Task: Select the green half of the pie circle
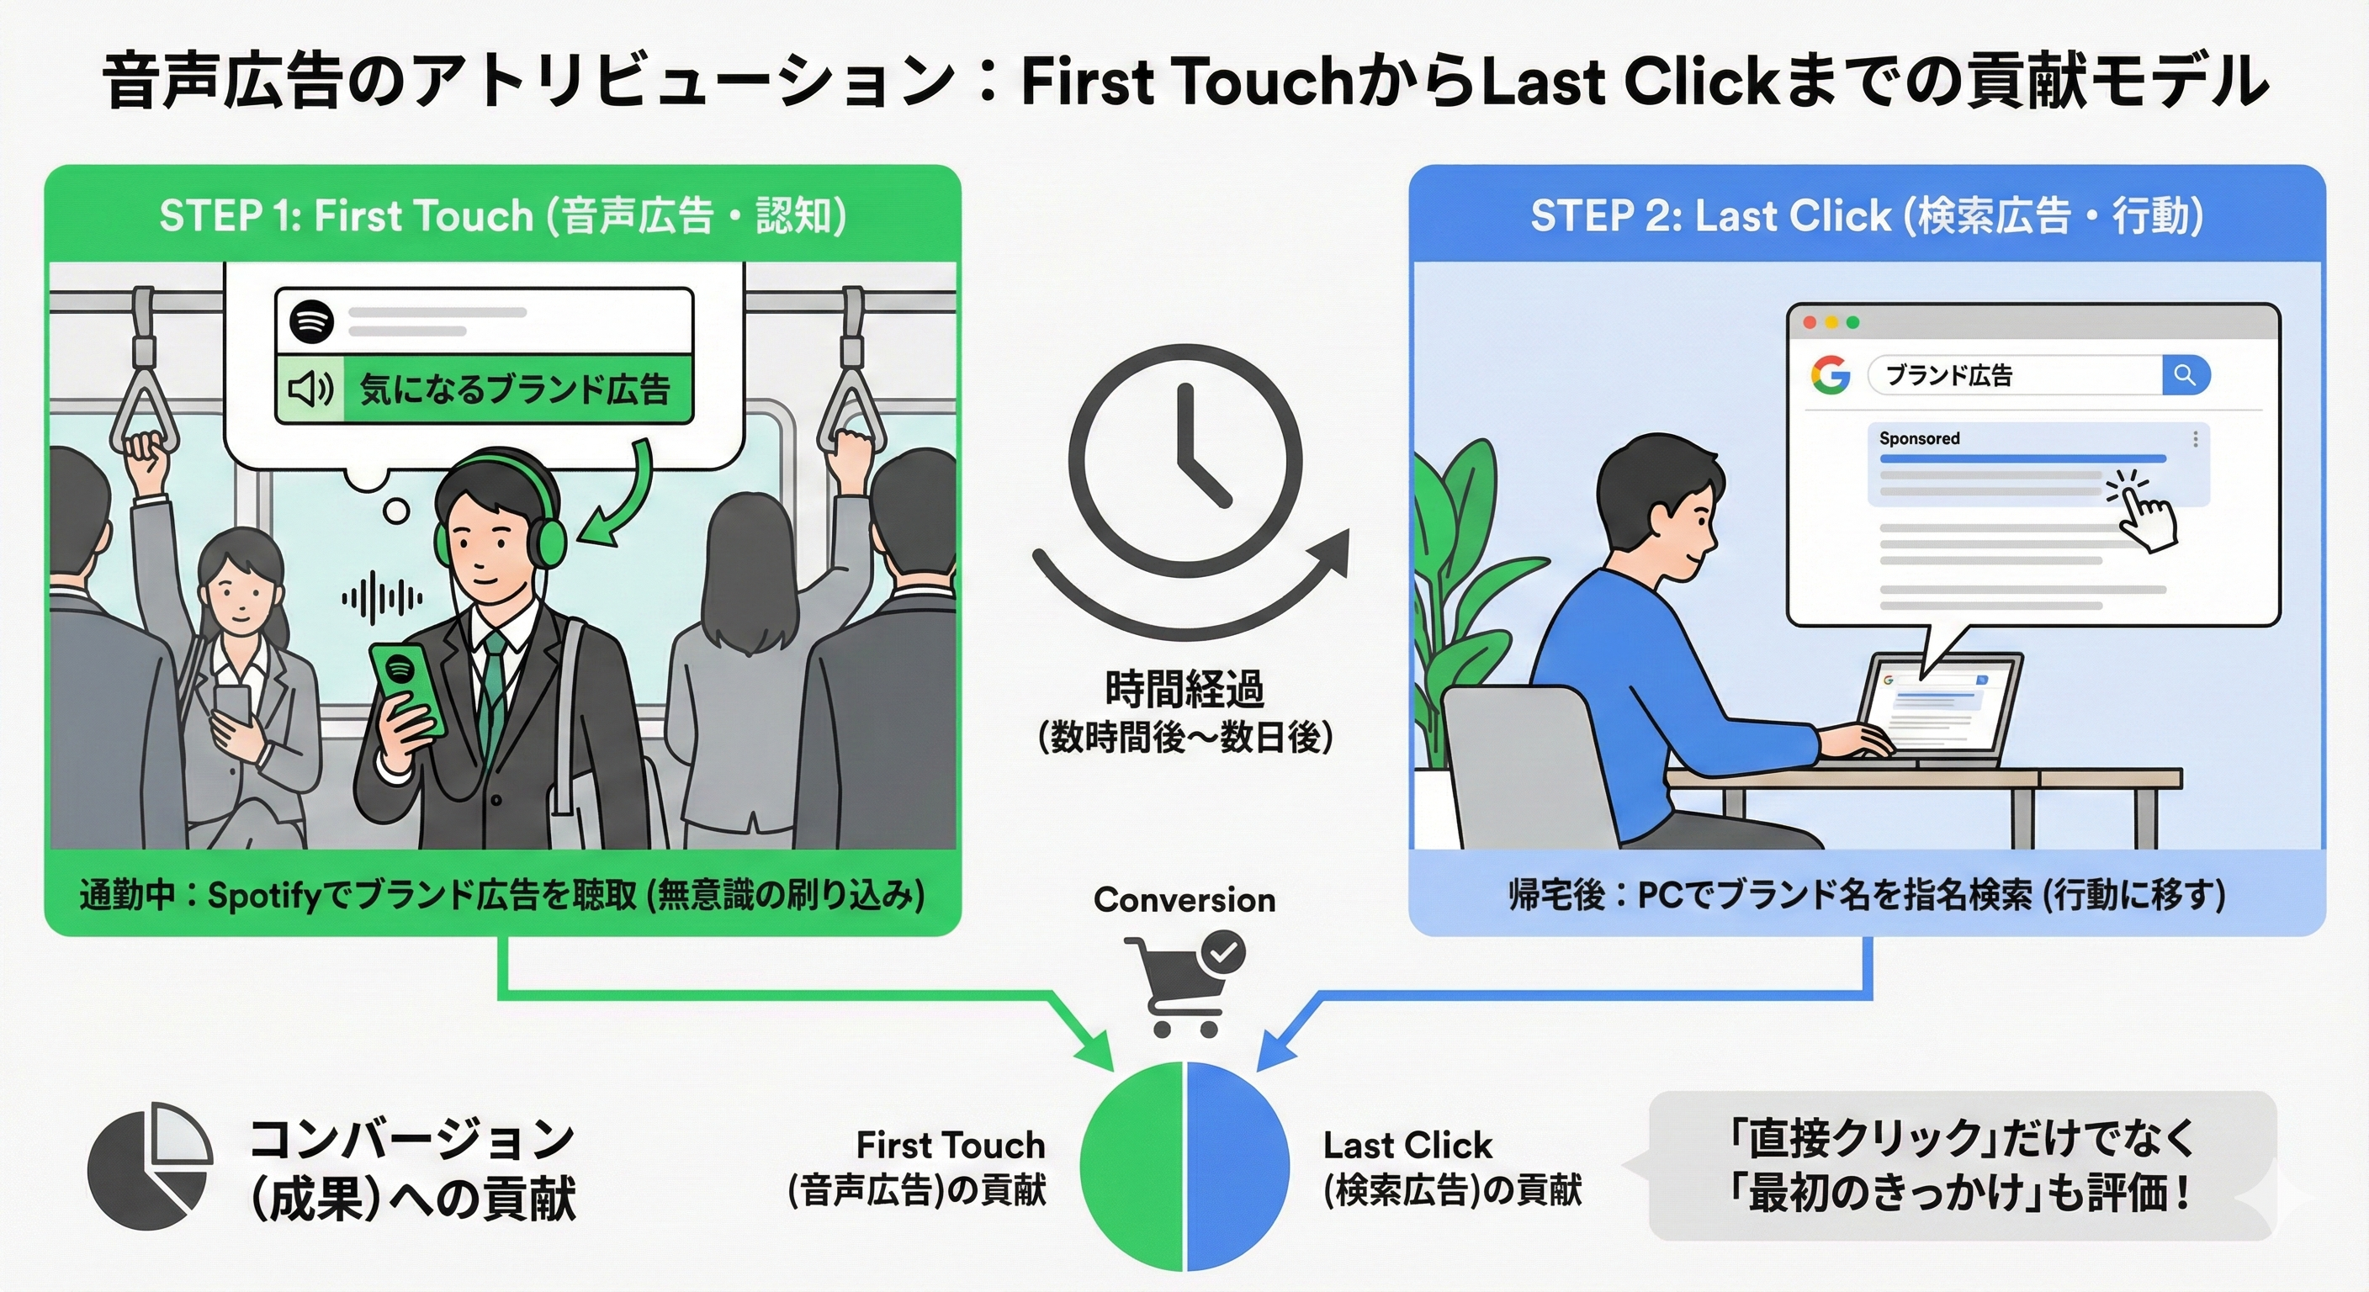coord(1132,1166)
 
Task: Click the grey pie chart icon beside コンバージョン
coord(150,1166)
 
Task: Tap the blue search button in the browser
coord(2185,375)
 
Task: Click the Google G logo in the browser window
coord(1830,375)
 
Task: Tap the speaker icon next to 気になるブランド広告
coord(310,390)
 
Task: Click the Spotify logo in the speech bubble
coord(312,321)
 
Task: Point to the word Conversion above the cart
coord(1184,899)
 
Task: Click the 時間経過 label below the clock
coord(1184,688)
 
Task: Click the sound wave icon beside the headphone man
coord(382,598)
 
